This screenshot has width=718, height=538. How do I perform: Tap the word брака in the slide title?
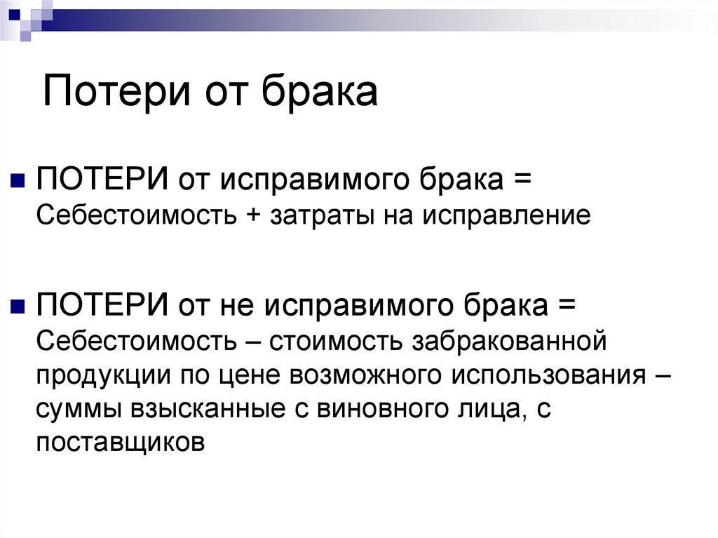point(320,92)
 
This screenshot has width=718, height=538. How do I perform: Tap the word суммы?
point(78,409)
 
